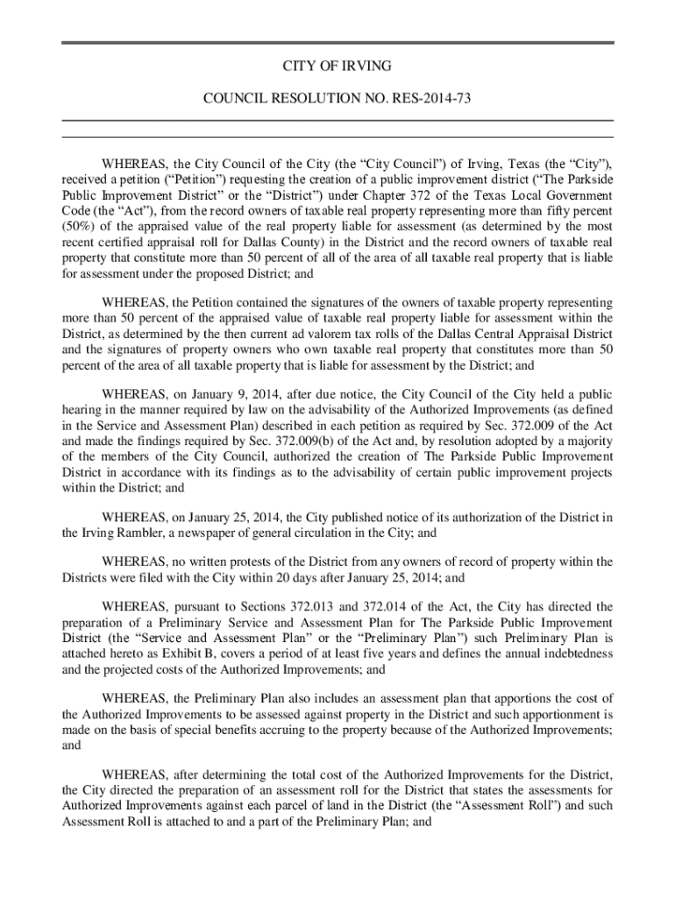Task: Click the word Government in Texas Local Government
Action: pyautogui.click(x=576, y=195)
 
